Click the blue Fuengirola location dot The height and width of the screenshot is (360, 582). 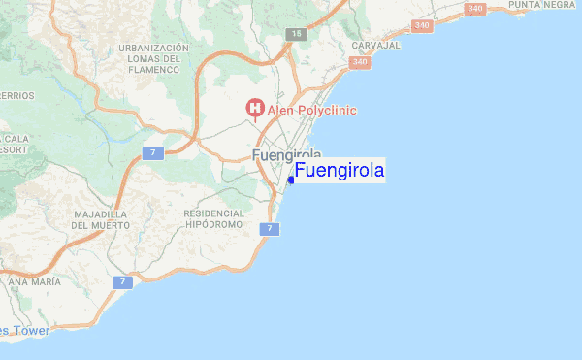pos(291,180)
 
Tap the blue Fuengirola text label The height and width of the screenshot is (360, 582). pos(339,171)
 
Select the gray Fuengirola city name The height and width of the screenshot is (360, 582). pos(286,155)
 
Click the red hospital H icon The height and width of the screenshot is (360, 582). pos(255,108)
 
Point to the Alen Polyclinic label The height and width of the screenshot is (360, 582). pos(312,111)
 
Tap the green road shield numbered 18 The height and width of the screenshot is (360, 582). pos(295,34)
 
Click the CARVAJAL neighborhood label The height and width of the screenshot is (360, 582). pos(376,46)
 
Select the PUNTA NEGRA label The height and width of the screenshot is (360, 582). pos(540,5)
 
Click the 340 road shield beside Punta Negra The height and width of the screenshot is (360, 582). pos(474,9)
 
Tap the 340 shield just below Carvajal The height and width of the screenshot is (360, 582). pos(360,62)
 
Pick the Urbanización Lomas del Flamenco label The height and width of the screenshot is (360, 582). pos(153,58)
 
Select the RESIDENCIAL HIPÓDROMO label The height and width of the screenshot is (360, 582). pos(213,218)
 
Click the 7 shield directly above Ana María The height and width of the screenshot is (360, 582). pos(121,281)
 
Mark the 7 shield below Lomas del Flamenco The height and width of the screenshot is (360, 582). pos(152,153)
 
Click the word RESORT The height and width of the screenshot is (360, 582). pos(12,150)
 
